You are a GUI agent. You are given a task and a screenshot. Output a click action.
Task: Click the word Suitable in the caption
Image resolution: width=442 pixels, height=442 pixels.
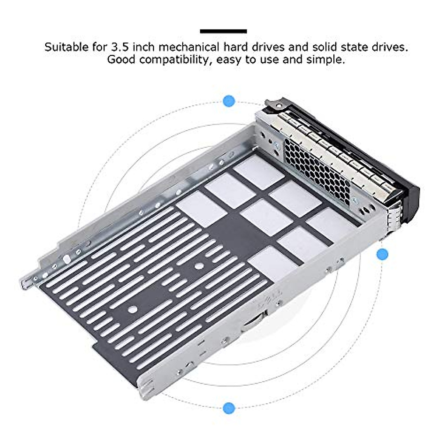click(66, 47)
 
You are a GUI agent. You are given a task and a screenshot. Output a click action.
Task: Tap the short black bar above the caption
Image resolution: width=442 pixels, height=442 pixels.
click(223, 32)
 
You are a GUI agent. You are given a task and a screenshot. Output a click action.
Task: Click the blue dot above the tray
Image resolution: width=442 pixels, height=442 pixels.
click(229, 101)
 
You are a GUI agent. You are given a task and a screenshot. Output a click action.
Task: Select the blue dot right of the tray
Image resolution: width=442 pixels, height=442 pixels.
click(382, 254)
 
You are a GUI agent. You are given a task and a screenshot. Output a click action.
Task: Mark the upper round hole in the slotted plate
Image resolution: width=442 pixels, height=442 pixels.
click(199, 265)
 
